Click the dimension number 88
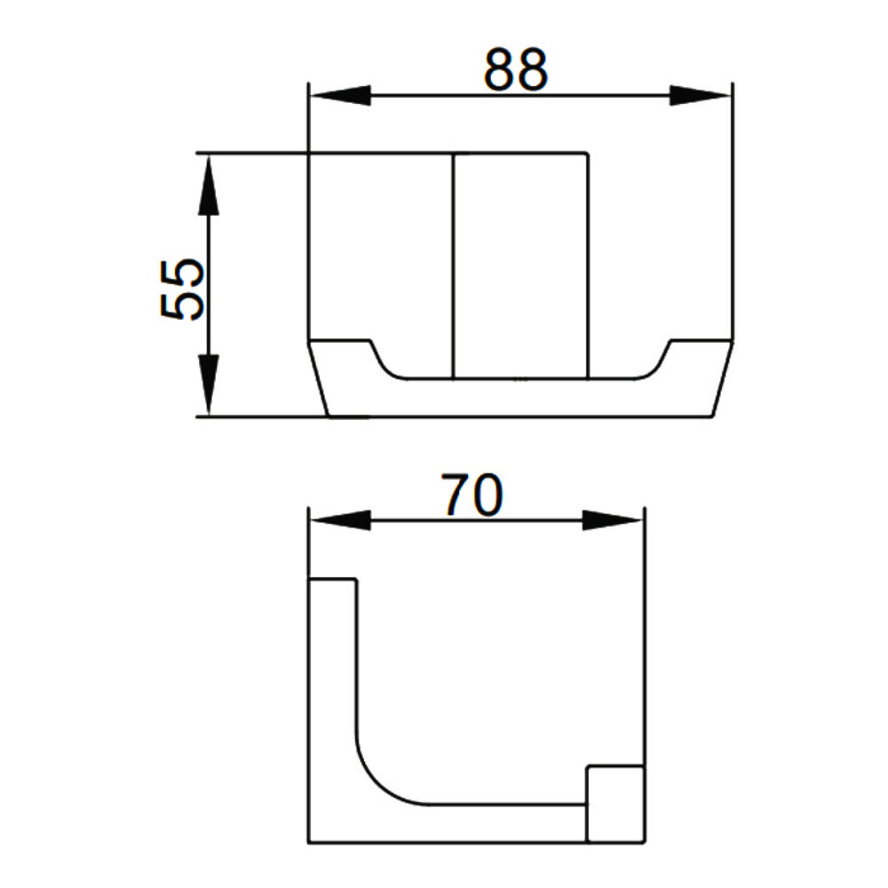click(x=515, y=69)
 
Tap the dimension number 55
click(x=182, y=290)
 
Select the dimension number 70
click(x=472, y=495)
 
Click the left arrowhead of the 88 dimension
click(x=340, y=96)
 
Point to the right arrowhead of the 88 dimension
click(x=700, y=96)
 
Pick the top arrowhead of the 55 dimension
click(x=209, y=186)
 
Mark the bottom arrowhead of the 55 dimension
click(x=209, y=385)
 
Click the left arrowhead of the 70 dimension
click(x=340, y=519)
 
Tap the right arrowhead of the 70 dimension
click(x=613, y=519)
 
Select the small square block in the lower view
click(x=615, y=804)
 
